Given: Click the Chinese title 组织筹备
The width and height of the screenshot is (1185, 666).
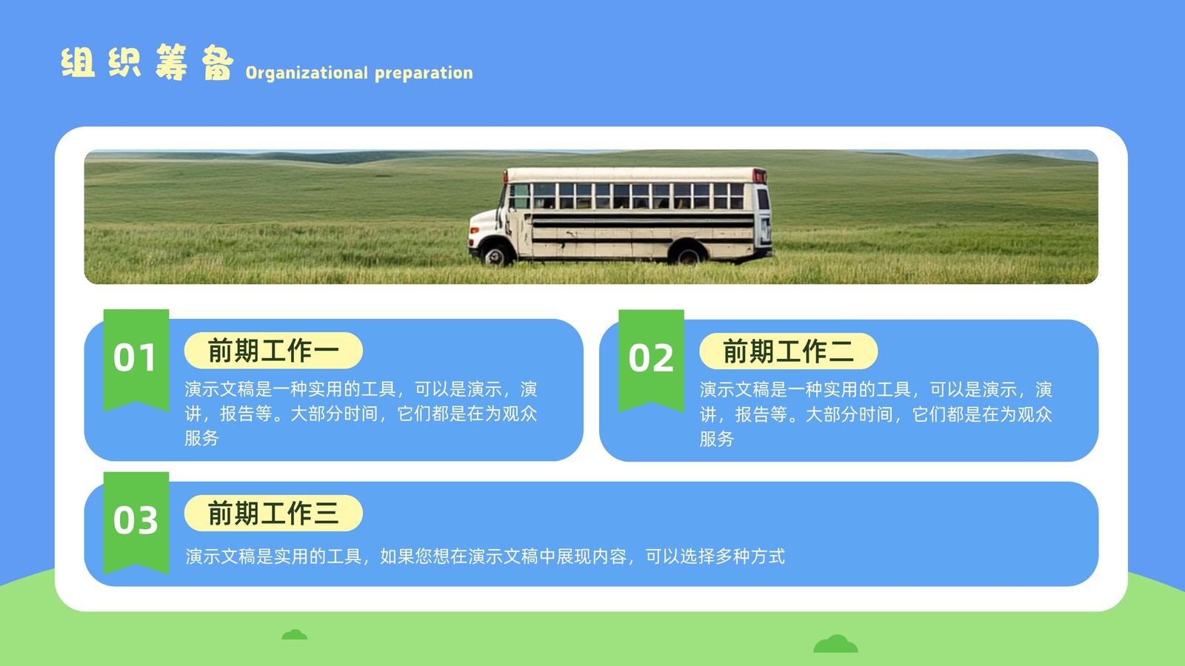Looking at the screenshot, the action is (147, 62).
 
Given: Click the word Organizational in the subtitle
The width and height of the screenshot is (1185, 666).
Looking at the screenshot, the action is (307, 73).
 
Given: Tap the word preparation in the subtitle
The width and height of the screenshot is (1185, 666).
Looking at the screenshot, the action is (424, 73).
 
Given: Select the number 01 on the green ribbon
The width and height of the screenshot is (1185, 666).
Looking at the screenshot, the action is (135, 358).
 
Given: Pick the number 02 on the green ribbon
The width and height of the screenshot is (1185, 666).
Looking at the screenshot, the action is (651, 358).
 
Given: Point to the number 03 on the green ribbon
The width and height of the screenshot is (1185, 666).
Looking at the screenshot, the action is (136, 520).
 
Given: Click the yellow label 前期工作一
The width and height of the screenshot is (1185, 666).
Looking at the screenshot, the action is (273, 351).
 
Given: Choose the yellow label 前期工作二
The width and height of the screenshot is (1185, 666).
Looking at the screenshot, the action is (788, 351).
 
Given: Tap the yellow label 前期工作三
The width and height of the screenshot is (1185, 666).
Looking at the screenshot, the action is (273, 514).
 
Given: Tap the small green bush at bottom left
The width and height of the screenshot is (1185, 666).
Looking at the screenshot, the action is (294, 634).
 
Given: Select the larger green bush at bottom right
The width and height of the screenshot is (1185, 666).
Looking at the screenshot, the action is (836, 644).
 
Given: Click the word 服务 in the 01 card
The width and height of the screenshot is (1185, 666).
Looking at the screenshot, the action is (201, 438).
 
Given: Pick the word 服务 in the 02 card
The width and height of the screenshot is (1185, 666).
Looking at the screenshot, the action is (717, 439).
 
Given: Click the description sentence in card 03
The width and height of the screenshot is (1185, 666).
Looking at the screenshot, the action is (485, 556).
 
